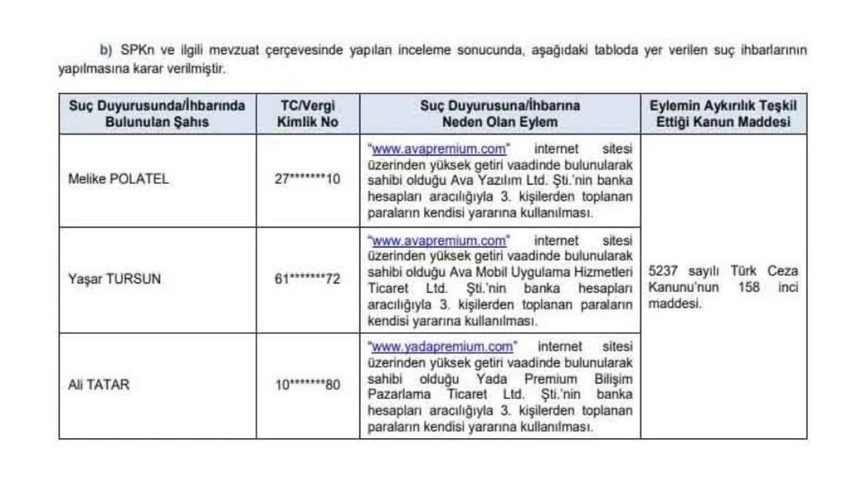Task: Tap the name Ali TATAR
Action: [99, 385]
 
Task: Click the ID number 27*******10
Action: [308, 180]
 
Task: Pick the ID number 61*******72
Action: [308, 279]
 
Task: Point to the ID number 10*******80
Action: [308, 385]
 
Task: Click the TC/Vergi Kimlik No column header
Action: [308, 114]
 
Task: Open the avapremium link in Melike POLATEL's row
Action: [438, 148]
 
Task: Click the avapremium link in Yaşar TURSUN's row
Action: [438, 240]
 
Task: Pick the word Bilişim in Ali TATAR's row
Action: [612, 379]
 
